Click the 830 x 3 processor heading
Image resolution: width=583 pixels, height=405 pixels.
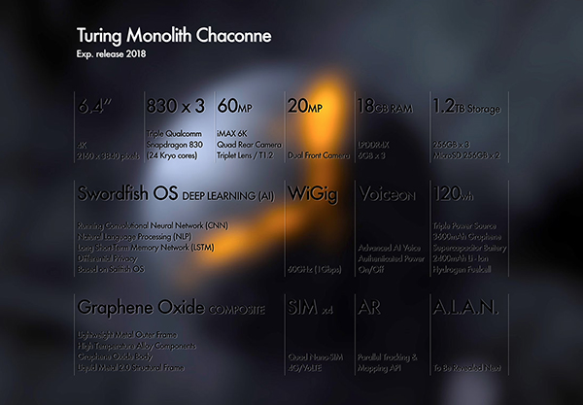coord(174,105)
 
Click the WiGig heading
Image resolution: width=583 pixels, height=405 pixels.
coord(311,194)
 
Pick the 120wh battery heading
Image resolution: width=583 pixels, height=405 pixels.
coord(455,194)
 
